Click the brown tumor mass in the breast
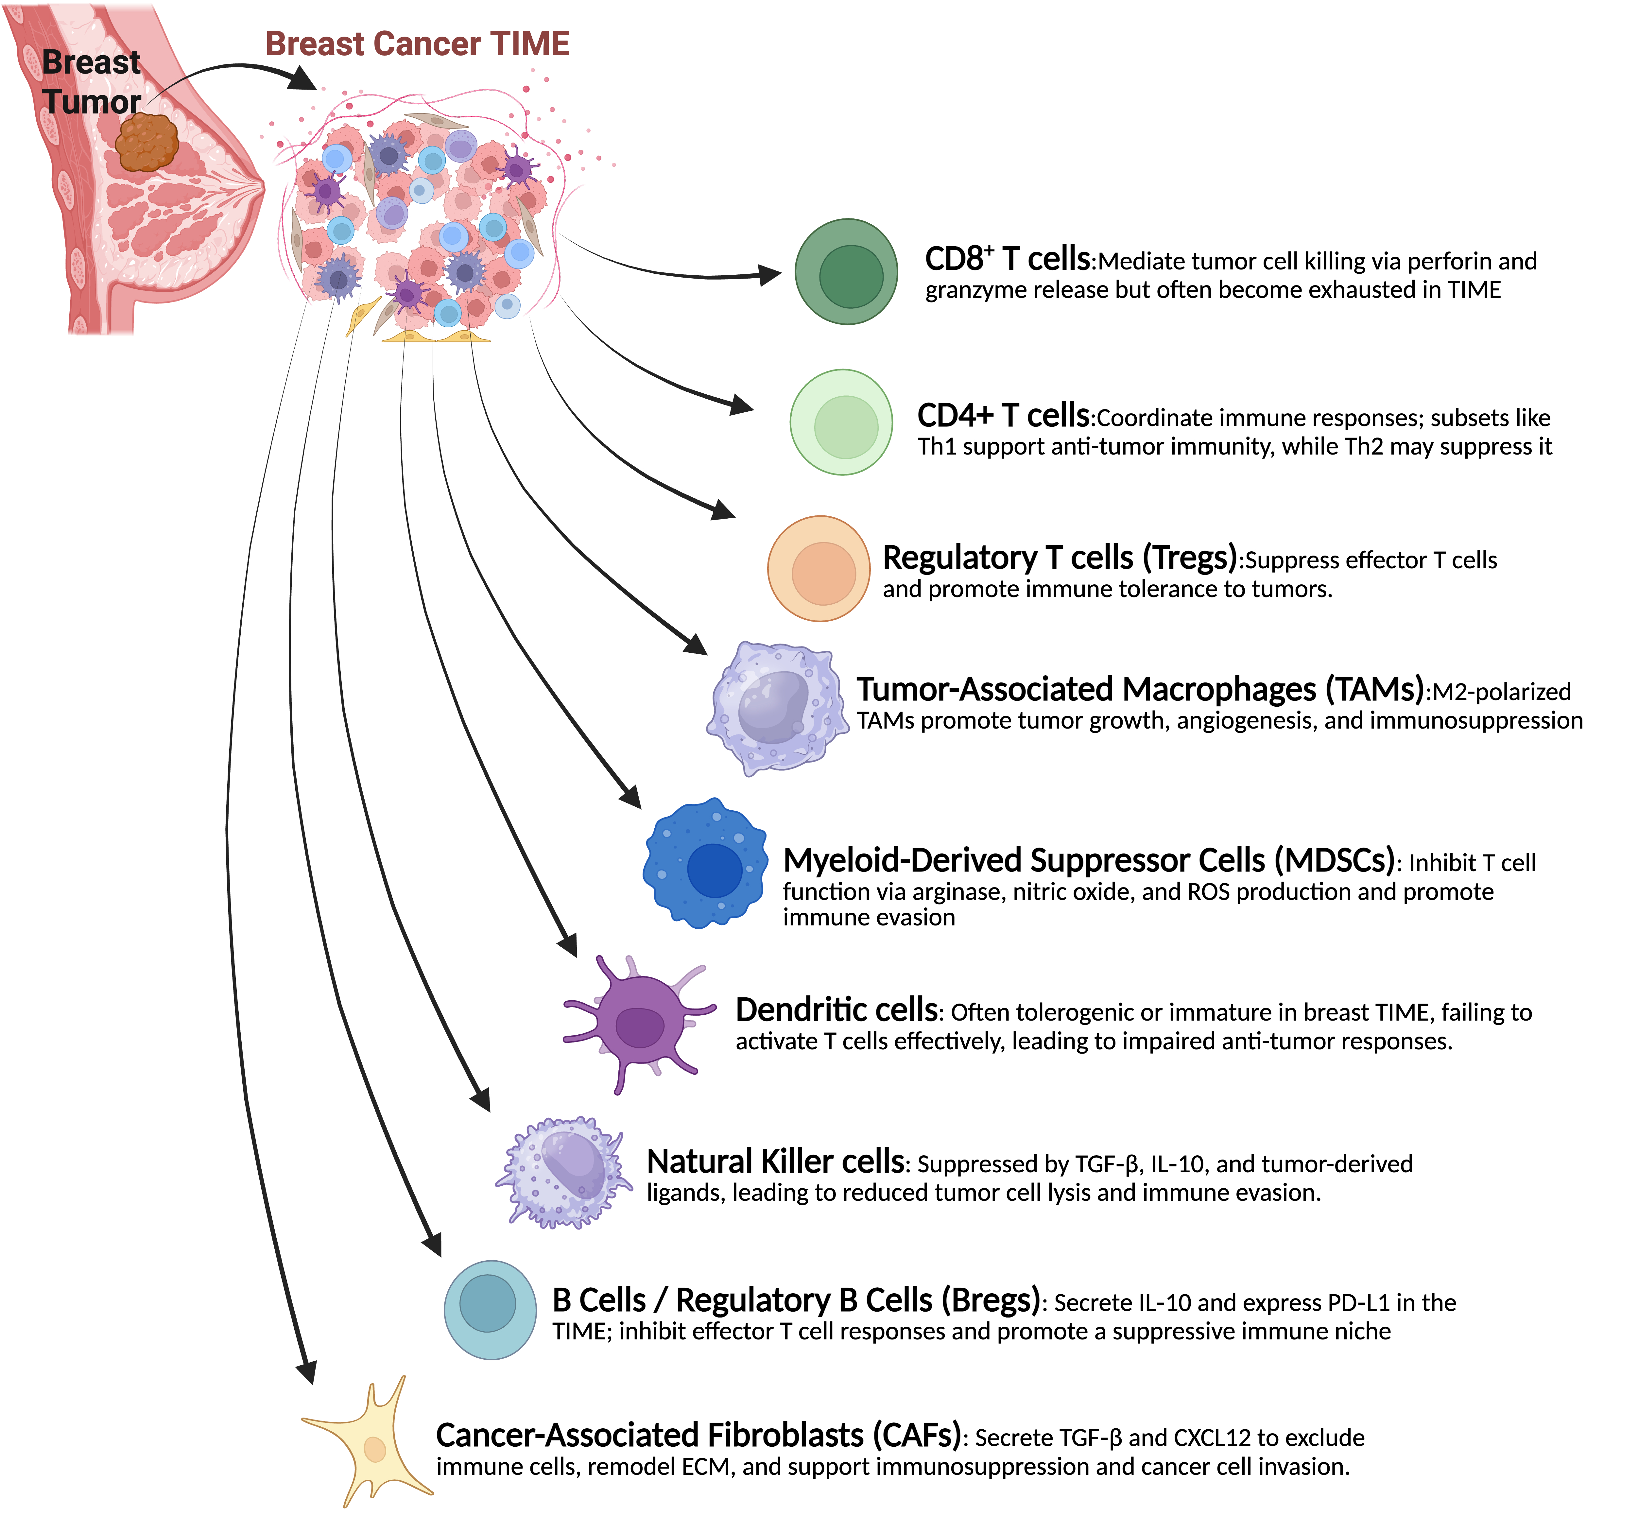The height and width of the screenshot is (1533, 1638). [x=147, y=142]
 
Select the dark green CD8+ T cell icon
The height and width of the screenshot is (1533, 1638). [x=846, y=272]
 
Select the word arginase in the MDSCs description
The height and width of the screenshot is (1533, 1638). [x=957, y=892]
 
